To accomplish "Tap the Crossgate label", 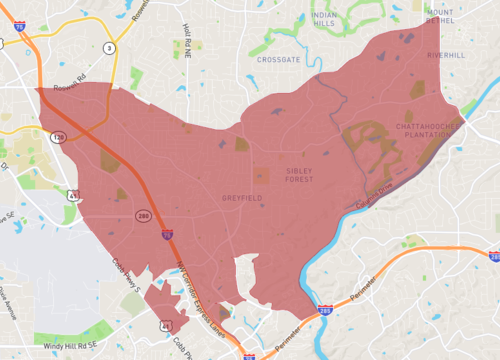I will (x=277, y=59).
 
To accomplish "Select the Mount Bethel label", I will (x=440, y=13).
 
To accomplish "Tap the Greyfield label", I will (x=242, y=199).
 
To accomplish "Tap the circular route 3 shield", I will (x=108, y=47).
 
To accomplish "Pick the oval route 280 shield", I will (x=143, y=215).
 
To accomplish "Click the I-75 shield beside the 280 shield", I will (x=166, y=234).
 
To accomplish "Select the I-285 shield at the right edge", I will (x=494, y=257).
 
